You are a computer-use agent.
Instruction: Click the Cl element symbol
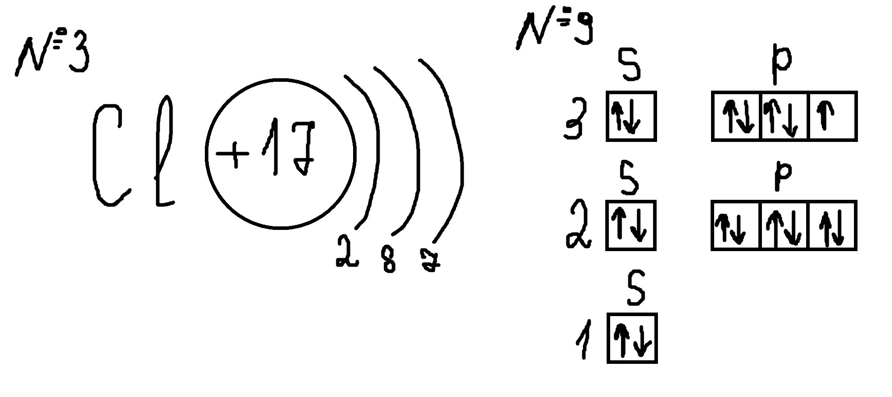[x=133, y=153]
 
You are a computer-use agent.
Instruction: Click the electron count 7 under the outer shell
[x=429, y=261]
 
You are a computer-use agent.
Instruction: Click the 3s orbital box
[x=631, y=116]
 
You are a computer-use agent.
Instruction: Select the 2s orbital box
[x=631, y=225]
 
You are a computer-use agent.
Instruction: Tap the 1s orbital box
[x=632, y=338]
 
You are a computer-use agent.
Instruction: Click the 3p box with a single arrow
[x=833, y=116]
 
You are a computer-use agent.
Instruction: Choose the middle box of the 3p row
[x=784, y=116]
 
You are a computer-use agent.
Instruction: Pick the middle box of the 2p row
[x=784, y=225]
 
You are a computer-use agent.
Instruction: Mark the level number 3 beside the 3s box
[x=576, y=118]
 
